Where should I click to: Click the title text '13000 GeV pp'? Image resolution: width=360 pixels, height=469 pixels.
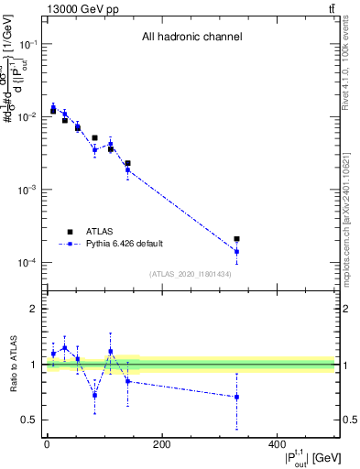click(81, 8)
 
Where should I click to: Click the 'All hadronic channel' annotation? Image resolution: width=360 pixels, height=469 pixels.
click(191, 37)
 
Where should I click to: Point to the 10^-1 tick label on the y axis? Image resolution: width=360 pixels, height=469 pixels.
click(28, 44)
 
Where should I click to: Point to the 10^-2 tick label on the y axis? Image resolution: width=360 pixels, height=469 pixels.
click(28, 117)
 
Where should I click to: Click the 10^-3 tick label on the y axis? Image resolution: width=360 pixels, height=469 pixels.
click(28, 190)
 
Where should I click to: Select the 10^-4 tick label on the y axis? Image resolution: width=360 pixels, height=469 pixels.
click(28, 263)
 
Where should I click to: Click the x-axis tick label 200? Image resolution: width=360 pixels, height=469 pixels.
click(161, 445)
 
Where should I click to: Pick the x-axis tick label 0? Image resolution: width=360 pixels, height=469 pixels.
click(47, 445)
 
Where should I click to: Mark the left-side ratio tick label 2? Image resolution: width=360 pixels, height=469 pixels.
click(35, 310)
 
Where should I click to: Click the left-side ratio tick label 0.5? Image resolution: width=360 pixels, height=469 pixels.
click(31, 420)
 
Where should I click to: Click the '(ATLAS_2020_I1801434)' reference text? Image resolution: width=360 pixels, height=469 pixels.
click(191, 274)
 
